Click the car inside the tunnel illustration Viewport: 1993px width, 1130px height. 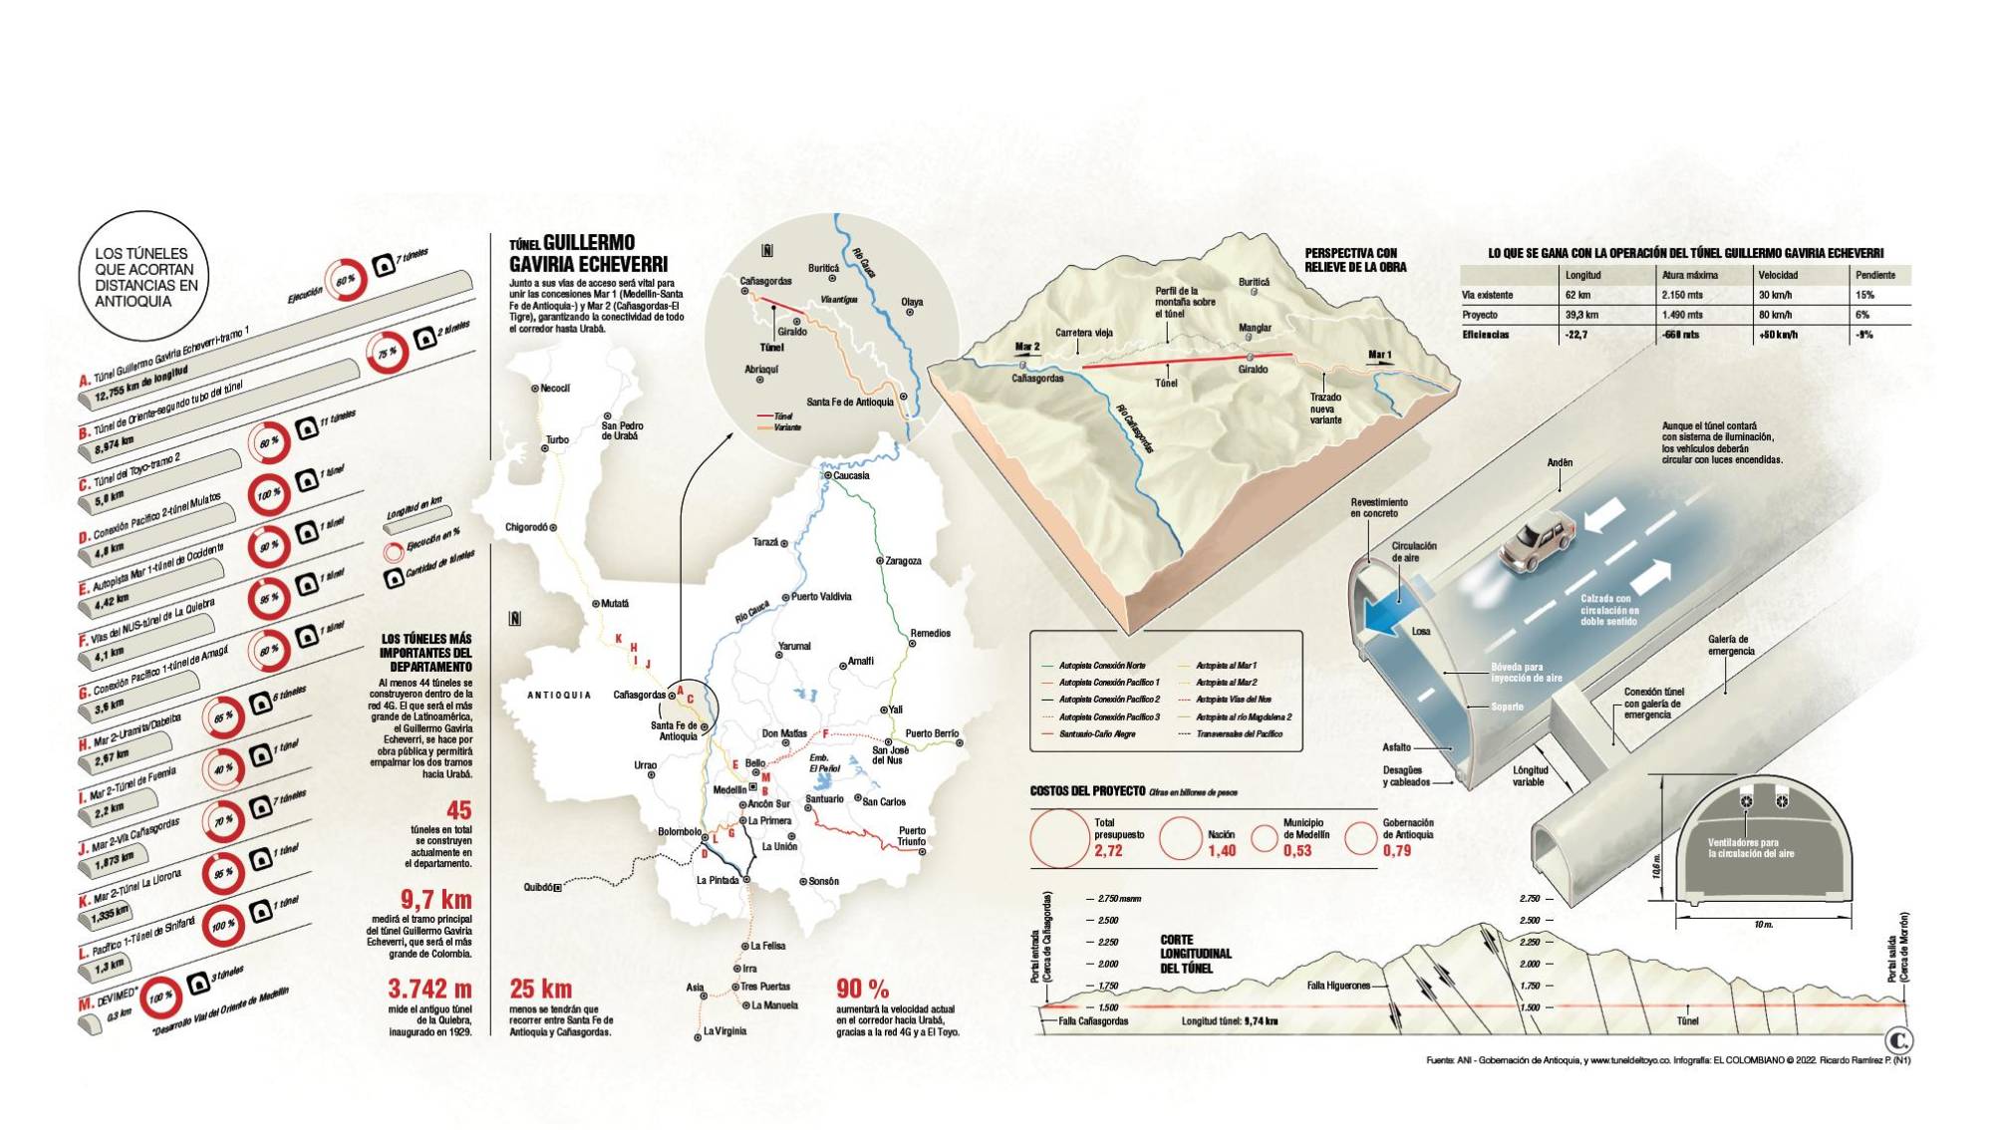[x=1537, y=543]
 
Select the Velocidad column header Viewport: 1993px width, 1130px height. [x=1778, y=275]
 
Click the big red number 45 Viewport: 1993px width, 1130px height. [x=458, y=810]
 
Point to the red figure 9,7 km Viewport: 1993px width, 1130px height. [x=435, y=900]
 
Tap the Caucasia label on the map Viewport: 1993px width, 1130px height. [x=851, y=476]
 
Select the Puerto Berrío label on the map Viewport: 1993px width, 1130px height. [x=932, y=733]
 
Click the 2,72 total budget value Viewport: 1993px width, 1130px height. [x=1108, y=851]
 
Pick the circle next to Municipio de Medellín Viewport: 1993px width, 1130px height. [x=1264, y=838]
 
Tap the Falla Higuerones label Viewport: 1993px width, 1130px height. [x=1338, y=986]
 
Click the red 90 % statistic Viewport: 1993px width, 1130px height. [x=863, y=989]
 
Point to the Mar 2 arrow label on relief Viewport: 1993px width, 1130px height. [x=1026, y=347]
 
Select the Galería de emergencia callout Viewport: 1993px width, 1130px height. [x=1730, y=646]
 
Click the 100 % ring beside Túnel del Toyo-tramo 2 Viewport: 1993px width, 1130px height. [x=268, y=495]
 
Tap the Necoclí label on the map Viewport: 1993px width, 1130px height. [x=554, y=389]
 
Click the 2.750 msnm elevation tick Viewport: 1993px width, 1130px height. [x=1119, y=899]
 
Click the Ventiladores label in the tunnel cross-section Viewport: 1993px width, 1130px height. [x=1750, y=848]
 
